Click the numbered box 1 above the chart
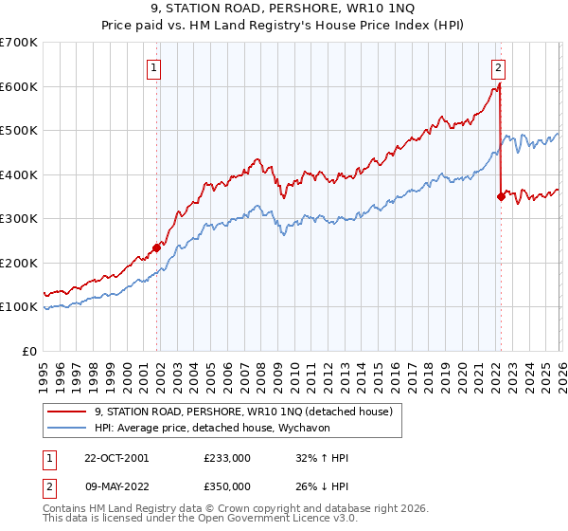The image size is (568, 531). point(153,67)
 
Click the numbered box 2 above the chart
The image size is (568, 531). point(498,67)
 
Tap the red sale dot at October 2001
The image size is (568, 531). point(157,248)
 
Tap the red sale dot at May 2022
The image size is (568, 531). point(501,197)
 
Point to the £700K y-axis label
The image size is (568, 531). point(19,43)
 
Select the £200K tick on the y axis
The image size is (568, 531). point(19,263)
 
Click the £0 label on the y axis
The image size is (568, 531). point(30,351)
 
